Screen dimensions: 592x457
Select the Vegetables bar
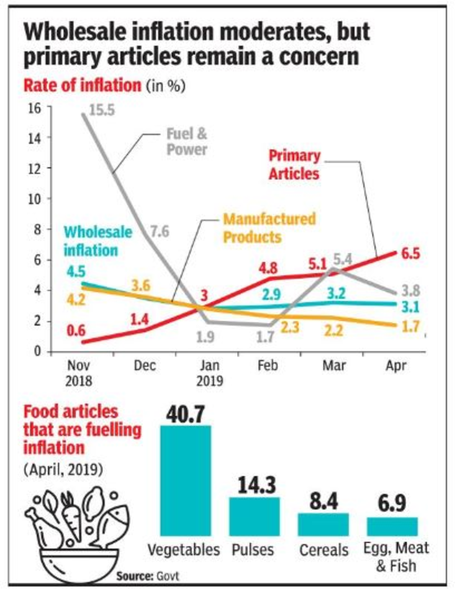pyautogui.click(x=185, y=480)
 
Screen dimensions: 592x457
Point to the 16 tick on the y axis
pyautogui.click(x=33, y=107)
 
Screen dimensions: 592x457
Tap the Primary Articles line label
pyautogui.click(x=294, y=164)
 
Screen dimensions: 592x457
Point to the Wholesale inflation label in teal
pyautogui.click(x=91, y=241)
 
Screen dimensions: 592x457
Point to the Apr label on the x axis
pyautogui.click(x=395, y=366)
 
